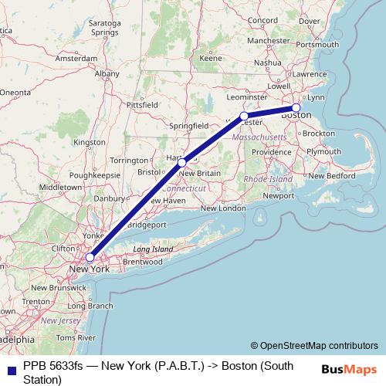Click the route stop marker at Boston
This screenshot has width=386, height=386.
[296, 108]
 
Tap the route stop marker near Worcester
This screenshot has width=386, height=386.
[244, 117]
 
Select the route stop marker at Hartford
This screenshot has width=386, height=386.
[181, 162]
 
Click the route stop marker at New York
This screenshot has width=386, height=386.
[90, 257]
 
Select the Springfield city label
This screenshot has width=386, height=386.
[188, 124]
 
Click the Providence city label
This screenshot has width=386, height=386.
[270, 152]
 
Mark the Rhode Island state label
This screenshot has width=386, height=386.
[267, 179]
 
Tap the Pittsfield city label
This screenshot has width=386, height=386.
[141, 103]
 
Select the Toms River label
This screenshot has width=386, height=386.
[76, 338]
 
